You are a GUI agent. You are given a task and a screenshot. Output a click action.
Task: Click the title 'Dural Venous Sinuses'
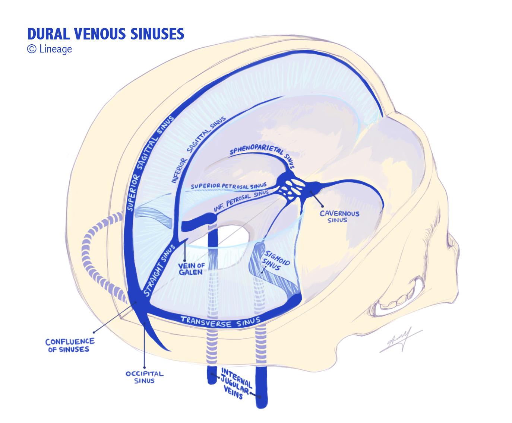(x=106, y=34)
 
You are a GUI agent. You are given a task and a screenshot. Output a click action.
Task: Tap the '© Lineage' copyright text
(x=50, y=49)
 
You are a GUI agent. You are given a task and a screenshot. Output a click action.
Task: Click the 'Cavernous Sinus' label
(x=339, y=217)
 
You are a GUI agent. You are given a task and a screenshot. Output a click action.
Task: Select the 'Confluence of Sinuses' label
(x=70, y=345)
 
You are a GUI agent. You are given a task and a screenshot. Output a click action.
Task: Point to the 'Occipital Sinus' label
(x=145, y=377)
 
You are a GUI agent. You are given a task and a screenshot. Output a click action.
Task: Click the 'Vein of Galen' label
(x=191, y=269)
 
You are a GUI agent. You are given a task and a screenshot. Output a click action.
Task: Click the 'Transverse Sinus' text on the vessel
(x=220, y=322)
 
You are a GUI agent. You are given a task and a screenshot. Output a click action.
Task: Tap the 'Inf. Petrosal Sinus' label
(x=241, y=202)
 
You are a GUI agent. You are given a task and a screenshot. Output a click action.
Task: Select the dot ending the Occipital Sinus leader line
(x=145, y=368)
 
